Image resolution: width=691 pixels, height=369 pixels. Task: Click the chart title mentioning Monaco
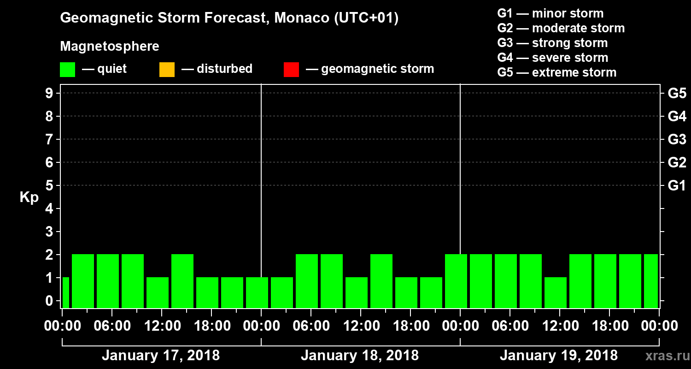[229, 18]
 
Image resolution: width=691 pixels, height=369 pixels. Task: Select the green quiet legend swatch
[67, 70]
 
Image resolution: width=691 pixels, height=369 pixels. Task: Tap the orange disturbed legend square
[167, 70]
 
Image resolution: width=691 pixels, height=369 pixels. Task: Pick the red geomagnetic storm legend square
[291, 70]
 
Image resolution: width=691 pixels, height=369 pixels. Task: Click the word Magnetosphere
[110, 47]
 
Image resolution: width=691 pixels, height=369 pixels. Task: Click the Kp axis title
[29, 197]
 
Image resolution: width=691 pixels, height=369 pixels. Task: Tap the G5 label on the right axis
[677, 93]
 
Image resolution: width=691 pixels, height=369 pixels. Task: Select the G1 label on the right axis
[677, 185]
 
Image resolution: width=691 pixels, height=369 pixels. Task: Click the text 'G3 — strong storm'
[552, 43]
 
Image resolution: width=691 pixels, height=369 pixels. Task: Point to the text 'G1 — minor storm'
[550, 13]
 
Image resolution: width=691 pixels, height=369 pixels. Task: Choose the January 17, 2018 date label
[160, 356]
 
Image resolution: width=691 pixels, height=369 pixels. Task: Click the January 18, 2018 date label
[360, 356]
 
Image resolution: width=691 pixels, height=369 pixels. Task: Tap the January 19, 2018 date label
[559, 356]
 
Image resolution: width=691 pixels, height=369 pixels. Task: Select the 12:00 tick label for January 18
[361, 326]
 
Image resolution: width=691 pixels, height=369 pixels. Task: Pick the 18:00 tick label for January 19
[609, 326]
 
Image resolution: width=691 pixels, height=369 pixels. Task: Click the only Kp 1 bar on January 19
[556, 292]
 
